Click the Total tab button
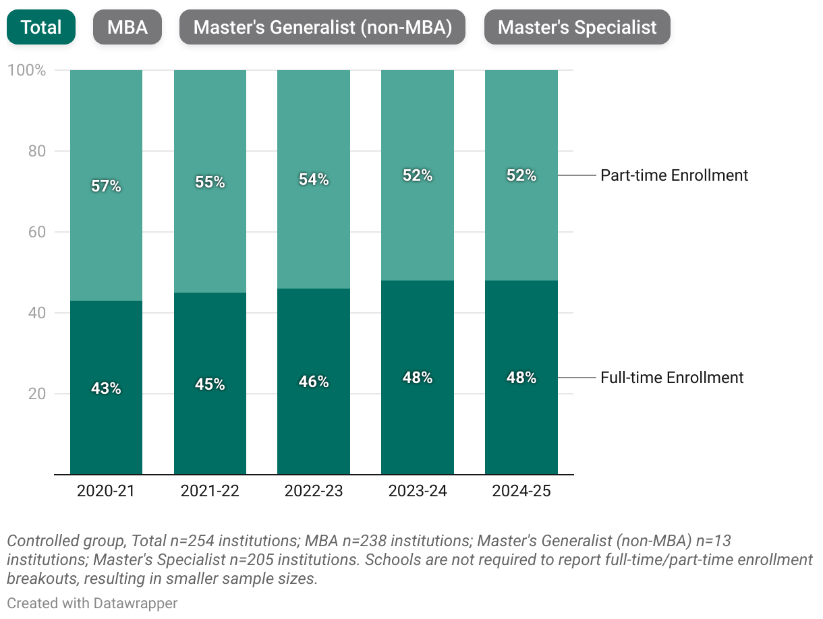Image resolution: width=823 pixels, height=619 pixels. [40, 27]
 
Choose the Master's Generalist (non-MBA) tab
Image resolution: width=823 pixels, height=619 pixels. [322, 27]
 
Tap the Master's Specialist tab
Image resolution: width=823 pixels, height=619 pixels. [577, 27]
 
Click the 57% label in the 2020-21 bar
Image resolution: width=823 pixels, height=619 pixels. [106, 186]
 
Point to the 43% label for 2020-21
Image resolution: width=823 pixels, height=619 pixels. [106, 388]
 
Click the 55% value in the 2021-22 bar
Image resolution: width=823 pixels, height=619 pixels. [210, 182]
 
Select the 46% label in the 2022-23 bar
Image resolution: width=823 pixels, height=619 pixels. [314, 382]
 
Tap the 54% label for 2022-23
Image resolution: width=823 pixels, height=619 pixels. [314, 179]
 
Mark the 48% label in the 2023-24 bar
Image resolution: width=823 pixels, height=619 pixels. [418, 378]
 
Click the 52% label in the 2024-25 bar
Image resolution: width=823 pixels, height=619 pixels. [521, 175]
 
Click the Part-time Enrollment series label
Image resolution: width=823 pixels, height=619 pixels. [674, 175]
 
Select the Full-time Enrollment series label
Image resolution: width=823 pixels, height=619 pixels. [672, 378]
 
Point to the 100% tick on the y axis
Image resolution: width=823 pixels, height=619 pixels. [26, 70]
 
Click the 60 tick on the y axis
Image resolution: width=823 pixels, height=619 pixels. [36, 232]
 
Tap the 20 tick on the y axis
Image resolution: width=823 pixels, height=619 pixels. [36, 394]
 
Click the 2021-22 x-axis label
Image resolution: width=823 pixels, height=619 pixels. [210, 491]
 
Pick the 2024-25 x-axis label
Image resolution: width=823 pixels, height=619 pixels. [521, 491]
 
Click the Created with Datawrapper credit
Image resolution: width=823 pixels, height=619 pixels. [92, 603]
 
